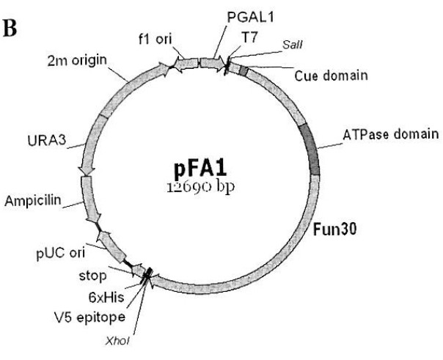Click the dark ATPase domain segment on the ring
(x=314, y=151)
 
